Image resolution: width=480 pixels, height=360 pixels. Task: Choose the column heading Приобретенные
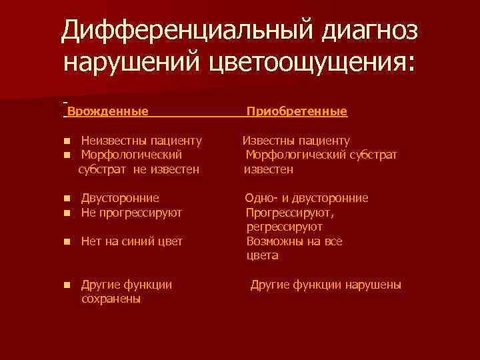(x=297, y=111)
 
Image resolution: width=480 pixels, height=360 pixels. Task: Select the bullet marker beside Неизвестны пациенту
(x=67, y=141)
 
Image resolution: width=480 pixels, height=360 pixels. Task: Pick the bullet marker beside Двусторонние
(x=67, y=199)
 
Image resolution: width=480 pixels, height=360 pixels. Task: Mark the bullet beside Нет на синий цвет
(x=67, y=242)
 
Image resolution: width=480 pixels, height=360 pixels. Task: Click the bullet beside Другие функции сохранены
(x=67, y=285)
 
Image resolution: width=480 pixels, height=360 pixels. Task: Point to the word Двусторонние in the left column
(x=120, y=198)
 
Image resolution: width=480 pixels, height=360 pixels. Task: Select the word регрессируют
(x=285, y=227)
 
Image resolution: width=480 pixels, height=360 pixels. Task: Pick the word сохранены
(x=111, y=299)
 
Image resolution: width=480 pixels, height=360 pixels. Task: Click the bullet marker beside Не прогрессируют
(x=67, y=213)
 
